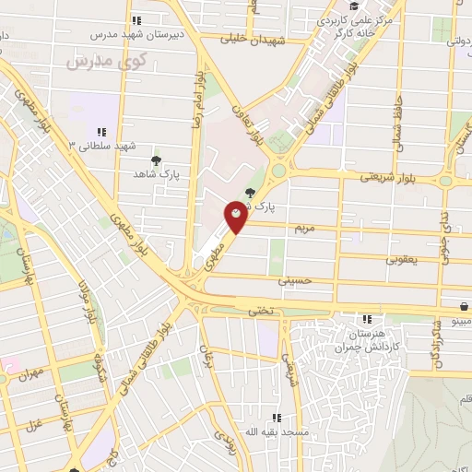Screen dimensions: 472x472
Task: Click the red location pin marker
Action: [x=236, y=218]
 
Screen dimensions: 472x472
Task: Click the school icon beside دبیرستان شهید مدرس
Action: [x=136, y=20]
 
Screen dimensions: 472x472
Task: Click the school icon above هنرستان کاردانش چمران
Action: [x=367, y=319]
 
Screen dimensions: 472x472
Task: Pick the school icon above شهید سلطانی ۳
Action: [x=101, y=133]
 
